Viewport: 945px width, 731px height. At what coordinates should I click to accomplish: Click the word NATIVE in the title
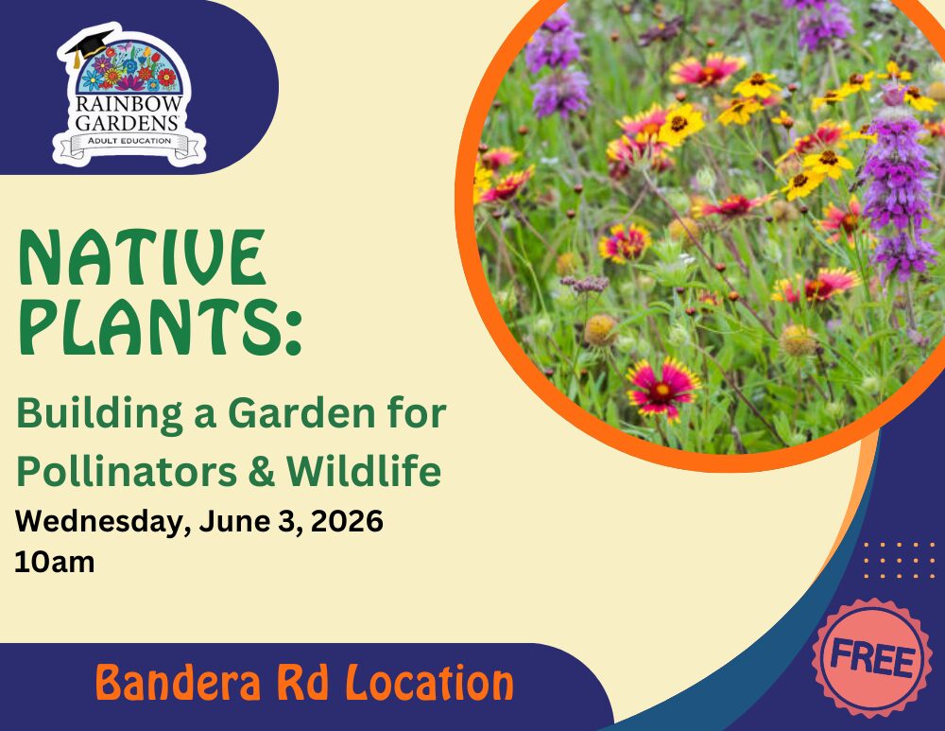tap(143, 257)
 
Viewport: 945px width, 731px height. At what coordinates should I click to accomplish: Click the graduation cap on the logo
tap(89, 44)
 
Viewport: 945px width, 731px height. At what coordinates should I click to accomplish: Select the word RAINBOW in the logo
tap(129, 104)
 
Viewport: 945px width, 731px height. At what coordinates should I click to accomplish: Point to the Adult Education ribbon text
tap(129, 141)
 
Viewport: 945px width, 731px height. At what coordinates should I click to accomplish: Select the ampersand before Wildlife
tap(261, 471)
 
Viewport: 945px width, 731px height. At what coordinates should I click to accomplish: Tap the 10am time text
tap(55, 562)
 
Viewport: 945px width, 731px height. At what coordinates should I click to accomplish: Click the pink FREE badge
tap(871, 658)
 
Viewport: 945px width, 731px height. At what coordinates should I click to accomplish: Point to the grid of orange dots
tap(899, 561)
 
